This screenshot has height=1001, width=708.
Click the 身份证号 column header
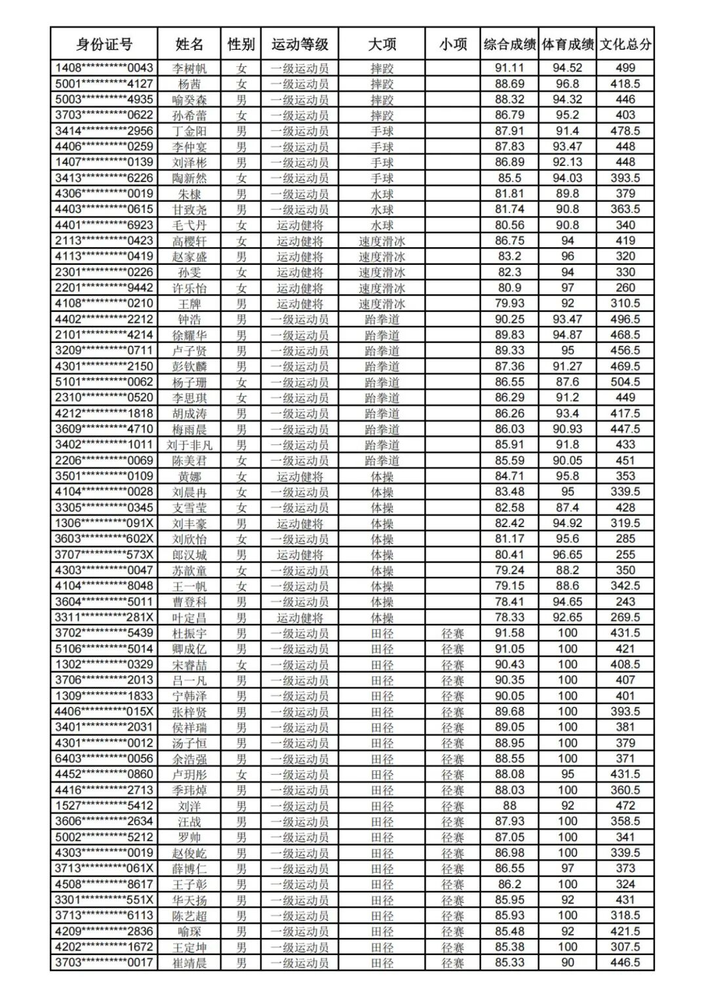[104, 45]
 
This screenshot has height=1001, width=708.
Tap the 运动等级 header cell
[300, 45]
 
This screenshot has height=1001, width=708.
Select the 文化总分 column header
[625, 45]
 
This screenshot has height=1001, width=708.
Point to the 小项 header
[452, 45]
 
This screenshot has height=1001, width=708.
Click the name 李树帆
[189, 68]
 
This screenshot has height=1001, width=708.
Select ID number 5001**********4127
[104, 84]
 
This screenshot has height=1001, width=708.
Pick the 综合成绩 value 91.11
[509, 68]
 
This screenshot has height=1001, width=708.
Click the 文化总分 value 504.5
[625, 382]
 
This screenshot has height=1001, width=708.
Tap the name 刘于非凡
[189, 445]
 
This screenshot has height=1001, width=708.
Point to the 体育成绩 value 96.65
[567, 555]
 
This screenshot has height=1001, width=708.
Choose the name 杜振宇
[189, 633]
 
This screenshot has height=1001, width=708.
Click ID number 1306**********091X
[104, 523]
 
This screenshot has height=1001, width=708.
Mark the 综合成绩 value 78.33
[509, 618]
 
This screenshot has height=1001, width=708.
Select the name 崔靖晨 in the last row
[189, 963]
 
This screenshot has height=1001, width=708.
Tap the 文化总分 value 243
[625, 602]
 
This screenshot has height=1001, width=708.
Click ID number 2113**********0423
[104, 241]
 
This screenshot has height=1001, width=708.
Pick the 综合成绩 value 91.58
[509, 633]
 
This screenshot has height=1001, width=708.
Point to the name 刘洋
[189, 806]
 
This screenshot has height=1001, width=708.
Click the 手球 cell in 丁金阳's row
[382, 131]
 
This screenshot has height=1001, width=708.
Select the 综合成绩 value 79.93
[509, 304]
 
